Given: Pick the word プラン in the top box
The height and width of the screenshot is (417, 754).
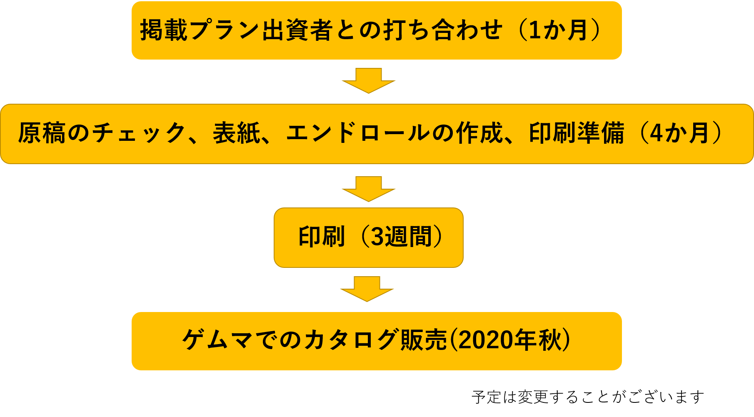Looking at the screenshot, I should (225, 30).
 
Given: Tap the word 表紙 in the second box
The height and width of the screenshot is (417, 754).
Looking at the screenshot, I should (237, 133).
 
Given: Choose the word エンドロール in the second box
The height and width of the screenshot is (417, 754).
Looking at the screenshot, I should (358, 133).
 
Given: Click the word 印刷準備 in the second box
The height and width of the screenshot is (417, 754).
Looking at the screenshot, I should (577, 133).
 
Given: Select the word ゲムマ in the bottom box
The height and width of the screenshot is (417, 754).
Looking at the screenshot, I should (217, 340).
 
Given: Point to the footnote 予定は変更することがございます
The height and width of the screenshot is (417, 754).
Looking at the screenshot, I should (588, 397).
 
